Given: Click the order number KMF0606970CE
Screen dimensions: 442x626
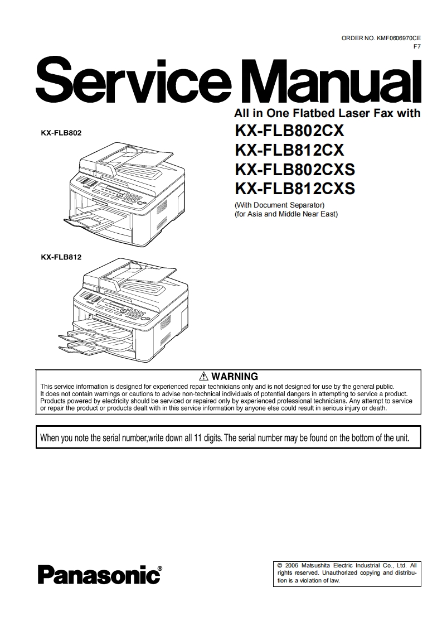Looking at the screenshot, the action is point(397,38).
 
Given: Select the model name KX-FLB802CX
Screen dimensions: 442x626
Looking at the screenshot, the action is point(290,132).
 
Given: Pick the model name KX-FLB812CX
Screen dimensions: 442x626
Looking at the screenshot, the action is point(290,151).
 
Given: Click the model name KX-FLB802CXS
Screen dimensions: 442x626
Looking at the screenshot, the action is point(295,169).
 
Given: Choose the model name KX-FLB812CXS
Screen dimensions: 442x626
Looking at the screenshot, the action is point(295,188).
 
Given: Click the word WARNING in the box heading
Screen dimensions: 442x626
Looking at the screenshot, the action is point(235,377).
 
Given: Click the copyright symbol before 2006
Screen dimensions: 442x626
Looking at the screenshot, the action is point(280,565).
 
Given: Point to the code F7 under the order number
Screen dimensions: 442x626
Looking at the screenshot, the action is point(416,46).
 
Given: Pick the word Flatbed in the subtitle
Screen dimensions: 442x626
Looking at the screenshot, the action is point(302,113).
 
